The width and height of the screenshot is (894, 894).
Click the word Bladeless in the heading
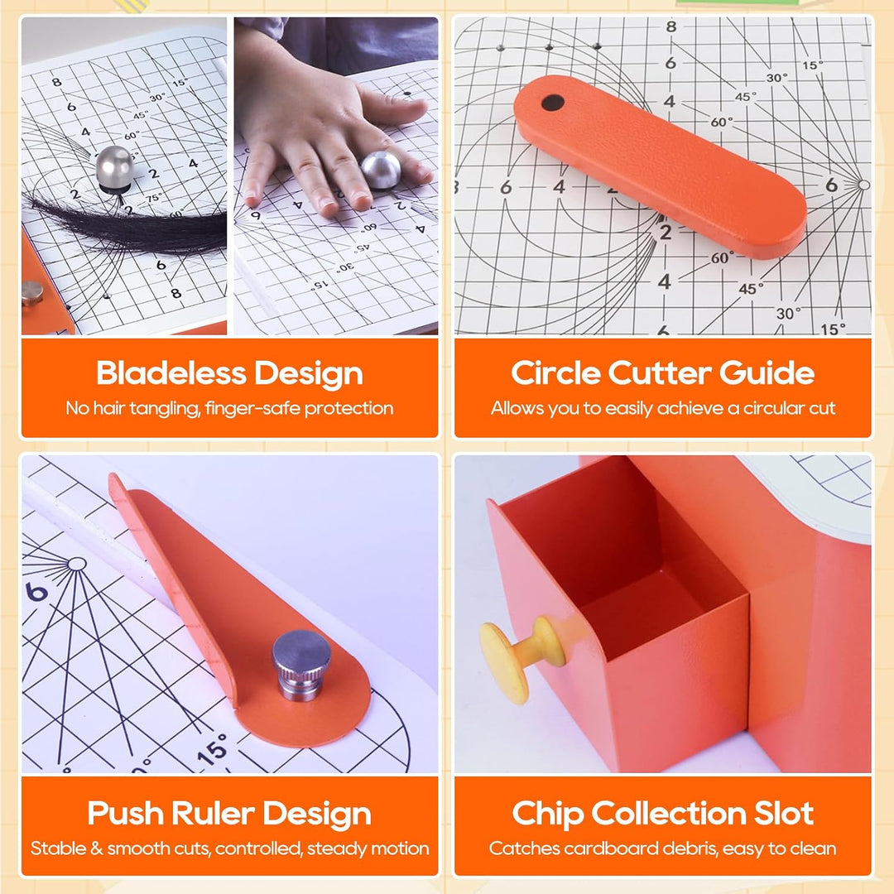171,372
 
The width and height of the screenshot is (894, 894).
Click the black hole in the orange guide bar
552,103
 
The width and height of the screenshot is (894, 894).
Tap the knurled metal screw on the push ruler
300,665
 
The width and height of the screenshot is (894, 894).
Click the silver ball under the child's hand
381,170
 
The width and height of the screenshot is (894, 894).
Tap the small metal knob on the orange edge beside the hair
32,293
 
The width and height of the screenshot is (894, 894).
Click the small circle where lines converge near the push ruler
76,565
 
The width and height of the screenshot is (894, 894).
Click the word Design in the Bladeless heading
309,374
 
